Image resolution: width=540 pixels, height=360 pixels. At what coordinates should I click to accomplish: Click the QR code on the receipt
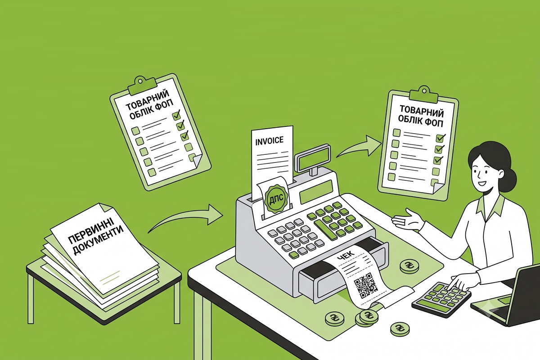coord(366,284)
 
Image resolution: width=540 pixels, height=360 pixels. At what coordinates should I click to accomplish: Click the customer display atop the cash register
coord(313,159)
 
